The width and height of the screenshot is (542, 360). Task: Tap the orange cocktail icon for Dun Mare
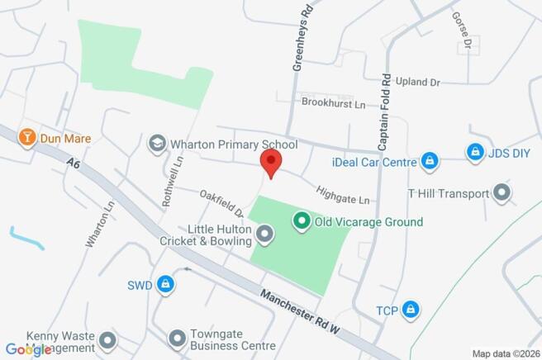pyautogui.click(x=27, y=137)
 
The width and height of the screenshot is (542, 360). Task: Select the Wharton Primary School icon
pyautogui.click(x=155, y=144)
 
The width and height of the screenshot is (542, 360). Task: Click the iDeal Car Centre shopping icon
pyautogui.click(x=429, y=161)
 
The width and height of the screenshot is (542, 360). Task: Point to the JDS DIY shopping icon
pyautogui.click(x=474, y=152)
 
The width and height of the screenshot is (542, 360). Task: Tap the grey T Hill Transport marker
pyautogui.click(x=502, y=194)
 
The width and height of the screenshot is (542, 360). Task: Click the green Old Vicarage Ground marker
pyautogui.click(x=302, y=221)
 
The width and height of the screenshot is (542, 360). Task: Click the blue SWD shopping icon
pyautogui.click(x=166, y=285)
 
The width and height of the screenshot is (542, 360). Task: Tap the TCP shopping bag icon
pyautogui.click(x=411, y=310)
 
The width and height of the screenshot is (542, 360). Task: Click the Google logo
pyautogui.click(x=28, y=349)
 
